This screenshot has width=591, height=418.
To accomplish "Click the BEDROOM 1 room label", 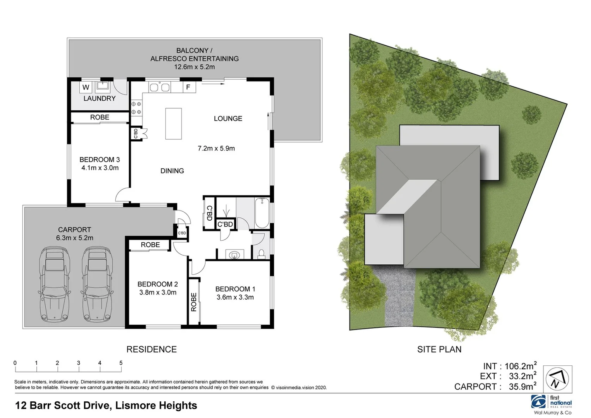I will pos(235,289).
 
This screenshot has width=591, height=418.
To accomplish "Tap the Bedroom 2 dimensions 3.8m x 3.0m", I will pos(158,293).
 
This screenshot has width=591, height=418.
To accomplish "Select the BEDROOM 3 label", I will pos(99,159).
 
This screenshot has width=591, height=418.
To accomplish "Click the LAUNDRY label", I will pos(99,98).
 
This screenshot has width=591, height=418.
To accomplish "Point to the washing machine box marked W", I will pos(86,87).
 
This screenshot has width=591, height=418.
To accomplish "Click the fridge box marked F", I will pos(188,87).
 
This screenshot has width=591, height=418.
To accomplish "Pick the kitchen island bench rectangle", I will pos(173,124).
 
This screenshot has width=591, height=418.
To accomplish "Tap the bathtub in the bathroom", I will pos(262,213).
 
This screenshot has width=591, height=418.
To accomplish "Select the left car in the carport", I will pos(55,285).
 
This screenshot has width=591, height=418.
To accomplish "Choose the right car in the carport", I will pos(97,285).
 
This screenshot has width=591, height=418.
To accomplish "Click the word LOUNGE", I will pos(228,118).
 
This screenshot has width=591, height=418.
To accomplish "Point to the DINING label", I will pos(172,171).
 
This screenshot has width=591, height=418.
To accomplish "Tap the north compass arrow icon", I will pos(557,379).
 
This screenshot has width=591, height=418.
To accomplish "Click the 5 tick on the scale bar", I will pos(121,363).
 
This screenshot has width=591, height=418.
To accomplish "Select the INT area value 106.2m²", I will pos(520,366).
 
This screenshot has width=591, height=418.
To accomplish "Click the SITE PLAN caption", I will pos(439,349).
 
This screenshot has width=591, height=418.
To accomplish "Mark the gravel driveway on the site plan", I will pos(400,298).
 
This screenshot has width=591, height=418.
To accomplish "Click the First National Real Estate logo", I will pos(552,403).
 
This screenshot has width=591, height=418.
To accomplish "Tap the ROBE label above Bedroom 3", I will pos(99,117).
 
